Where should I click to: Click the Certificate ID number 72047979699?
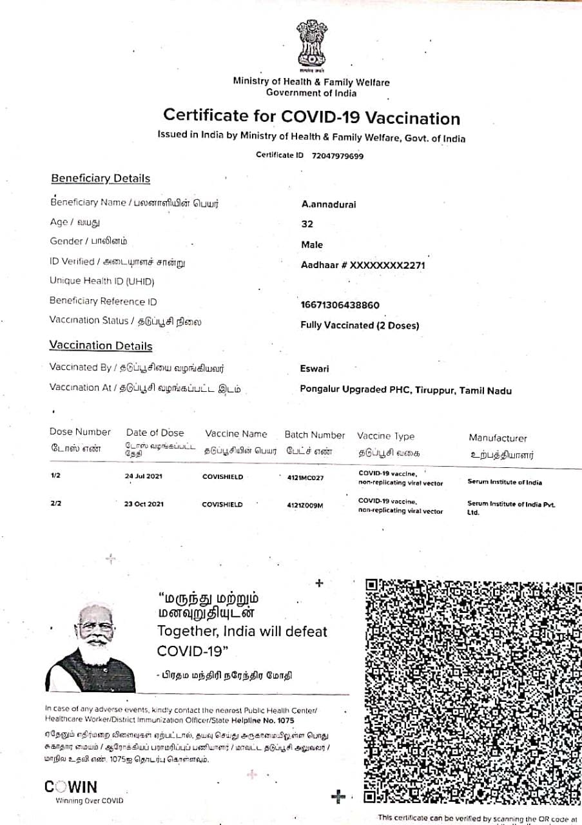click(337, 156)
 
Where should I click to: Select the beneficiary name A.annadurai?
click(328, 204)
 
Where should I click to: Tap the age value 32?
click(307, 224)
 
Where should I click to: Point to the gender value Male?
click(312, 245)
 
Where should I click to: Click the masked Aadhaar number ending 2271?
click(363, 265)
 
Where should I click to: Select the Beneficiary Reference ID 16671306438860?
click(340, 305)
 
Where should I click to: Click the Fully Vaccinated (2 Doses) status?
click(360, 325)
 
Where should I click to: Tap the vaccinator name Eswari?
click(315, 369)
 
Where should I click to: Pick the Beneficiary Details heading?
click(100, 179)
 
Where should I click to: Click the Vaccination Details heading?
click(101, 346)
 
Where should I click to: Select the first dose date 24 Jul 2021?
click(144, 477)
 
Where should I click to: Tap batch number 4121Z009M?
click(305, 505)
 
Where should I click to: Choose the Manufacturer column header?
click(498, 438)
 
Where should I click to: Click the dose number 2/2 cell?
click(55, 503)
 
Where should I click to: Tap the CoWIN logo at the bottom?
click(71, 787)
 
